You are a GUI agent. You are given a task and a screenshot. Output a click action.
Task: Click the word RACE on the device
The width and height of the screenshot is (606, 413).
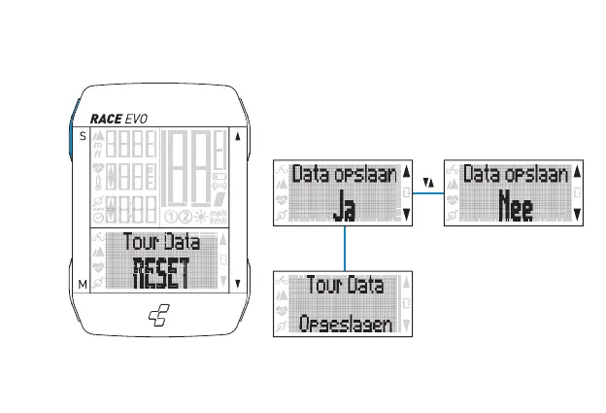[107, 119]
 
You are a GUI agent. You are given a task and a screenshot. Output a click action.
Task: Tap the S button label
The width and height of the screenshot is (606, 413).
[82, 136]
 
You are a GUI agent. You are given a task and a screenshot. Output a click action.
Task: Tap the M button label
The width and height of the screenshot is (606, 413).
[82, 284]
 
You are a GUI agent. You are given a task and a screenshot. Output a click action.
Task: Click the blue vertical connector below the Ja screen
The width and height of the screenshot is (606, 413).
[345, 249]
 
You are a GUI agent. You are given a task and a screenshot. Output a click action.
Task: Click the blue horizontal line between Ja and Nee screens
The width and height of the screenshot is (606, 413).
[427, 193]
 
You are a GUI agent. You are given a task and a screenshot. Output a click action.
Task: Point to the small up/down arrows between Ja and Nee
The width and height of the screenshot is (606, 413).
[427, 181]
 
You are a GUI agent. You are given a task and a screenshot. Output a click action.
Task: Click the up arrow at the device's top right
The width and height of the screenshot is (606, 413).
[237, 136]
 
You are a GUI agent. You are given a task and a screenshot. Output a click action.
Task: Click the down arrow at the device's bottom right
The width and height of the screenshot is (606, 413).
[237, 284]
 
